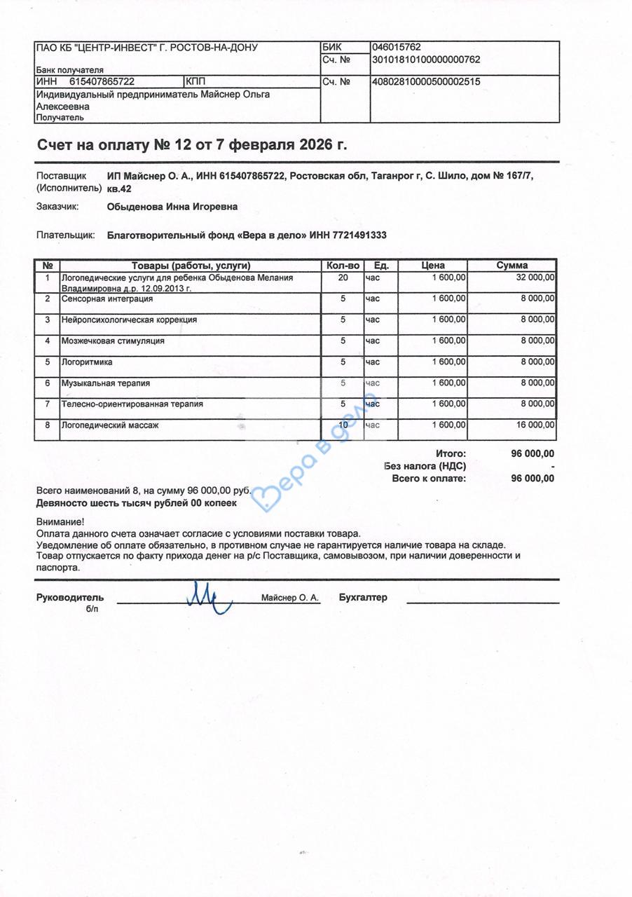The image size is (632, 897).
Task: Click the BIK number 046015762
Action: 396,47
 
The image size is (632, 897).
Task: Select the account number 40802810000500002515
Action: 426,81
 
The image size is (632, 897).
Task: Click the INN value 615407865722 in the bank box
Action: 102,81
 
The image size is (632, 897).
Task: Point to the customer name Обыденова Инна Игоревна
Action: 172,207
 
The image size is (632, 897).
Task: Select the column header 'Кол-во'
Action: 343,266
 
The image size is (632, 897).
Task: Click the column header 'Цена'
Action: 433,266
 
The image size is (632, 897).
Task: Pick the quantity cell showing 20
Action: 343,278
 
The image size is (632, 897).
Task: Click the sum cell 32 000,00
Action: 536,278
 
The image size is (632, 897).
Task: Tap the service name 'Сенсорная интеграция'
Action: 107,299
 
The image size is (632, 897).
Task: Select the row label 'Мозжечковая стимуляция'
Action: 113,341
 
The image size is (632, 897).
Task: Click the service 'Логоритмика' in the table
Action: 87,362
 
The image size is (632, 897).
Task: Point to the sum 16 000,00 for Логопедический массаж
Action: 536,425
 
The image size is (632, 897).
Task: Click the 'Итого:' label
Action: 451,453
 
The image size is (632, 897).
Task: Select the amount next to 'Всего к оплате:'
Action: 533,479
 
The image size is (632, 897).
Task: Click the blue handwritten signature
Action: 209,598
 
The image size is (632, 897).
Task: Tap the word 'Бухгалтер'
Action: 362,598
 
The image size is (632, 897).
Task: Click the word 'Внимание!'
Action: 60,521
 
